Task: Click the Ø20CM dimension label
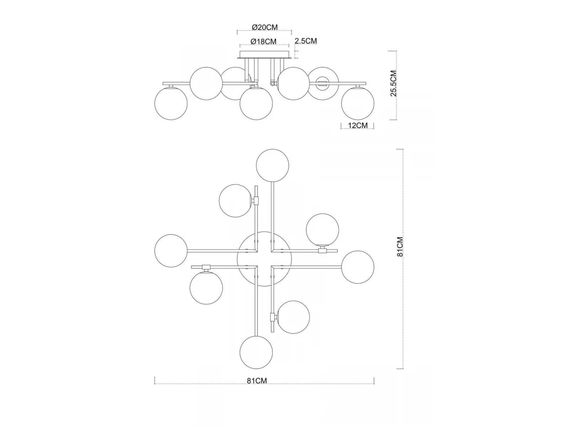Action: point(265,27)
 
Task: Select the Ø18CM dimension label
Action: point(263,41)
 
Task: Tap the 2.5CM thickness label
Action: point(306,41)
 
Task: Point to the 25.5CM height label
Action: point(394,83)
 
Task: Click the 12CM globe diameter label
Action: point(358,125)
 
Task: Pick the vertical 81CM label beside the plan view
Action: point(400,247)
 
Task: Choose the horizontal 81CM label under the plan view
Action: point(257,381)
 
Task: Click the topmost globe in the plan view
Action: point(273,166)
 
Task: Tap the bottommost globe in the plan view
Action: point(256,352)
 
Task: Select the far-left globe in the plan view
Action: point(171,251)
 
